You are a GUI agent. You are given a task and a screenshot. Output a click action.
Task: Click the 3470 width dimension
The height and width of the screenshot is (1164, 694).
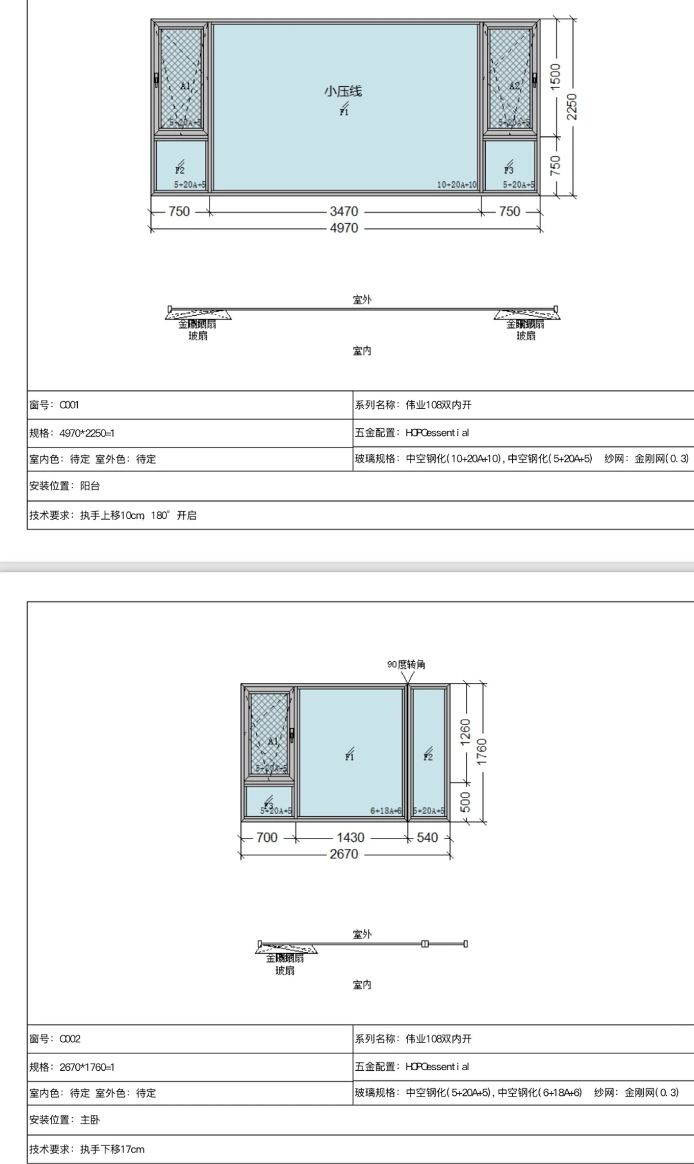[344, 212]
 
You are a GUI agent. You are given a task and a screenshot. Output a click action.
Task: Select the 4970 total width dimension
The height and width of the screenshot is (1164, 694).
[344, 228]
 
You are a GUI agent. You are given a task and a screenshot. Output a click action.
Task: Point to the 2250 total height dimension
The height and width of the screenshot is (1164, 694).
[571, 107]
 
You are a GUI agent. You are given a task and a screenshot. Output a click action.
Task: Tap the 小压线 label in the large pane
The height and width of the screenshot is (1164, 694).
[343, 91]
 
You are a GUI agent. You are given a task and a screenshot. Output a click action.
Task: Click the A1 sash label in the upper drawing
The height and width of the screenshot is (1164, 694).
[185, 86]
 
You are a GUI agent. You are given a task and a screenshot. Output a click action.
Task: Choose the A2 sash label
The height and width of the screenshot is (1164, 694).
[515, 86]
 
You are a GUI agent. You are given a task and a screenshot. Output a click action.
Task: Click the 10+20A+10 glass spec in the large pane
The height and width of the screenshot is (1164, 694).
[457, 185]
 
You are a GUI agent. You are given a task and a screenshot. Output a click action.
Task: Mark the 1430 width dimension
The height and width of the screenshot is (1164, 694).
[350, 837]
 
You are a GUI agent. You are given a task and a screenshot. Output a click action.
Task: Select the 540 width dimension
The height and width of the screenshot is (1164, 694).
[427, 837]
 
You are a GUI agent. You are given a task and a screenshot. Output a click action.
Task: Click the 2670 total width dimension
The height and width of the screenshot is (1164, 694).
[344, 854]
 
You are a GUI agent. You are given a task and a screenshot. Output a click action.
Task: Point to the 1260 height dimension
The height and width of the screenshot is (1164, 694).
[465, 732]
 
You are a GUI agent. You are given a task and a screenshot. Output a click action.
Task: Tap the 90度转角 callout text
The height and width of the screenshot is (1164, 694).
[406, 664]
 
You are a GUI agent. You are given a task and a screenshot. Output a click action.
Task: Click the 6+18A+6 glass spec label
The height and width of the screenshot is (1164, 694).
[386, 811]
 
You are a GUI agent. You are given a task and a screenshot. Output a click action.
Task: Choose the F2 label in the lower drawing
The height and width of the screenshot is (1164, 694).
[428, 756]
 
